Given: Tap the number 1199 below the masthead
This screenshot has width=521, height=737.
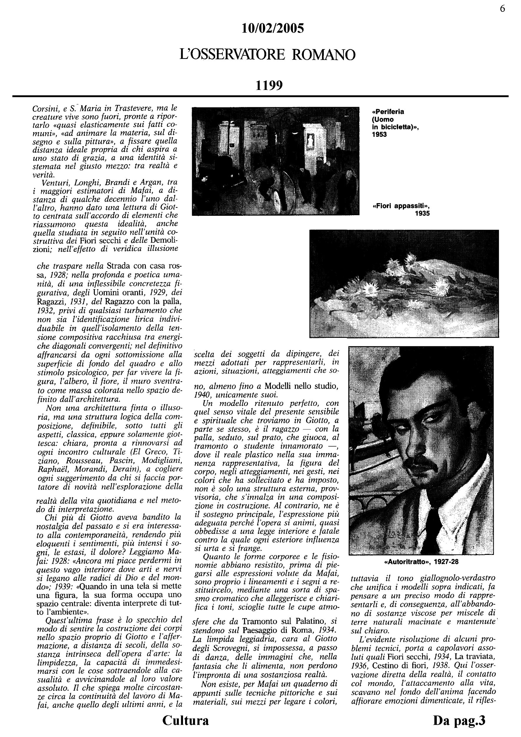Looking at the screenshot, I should coord(269,85).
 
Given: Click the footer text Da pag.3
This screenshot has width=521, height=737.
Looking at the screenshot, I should coord(459,720).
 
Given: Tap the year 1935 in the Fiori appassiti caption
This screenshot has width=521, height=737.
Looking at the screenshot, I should coord(422,213).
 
